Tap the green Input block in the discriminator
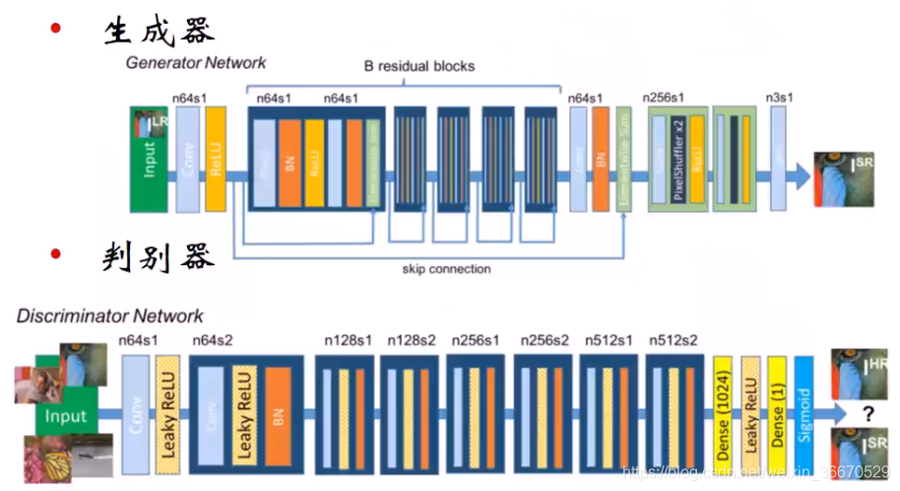(x=65, y=417)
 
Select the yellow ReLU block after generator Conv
(x=216, y=159)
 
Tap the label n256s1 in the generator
(x=663, y=98)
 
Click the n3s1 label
(x=779, y=98)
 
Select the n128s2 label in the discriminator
(x=412, y=340)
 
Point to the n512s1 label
(x=609, y=340)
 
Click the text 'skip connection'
(x=446, y=268)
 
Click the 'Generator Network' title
(x=196, y=63)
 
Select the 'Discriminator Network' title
(x=109, y=316)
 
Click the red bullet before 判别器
(x=56, y=255)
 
